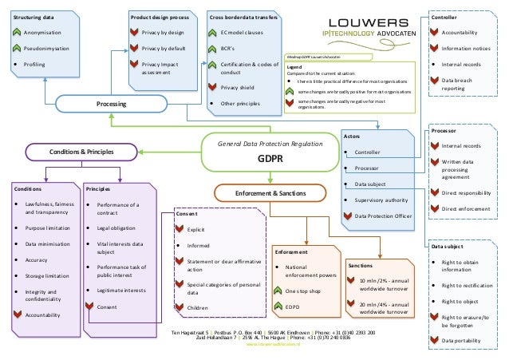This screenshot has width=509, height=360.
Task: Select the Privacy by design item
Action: (x=164, y=32)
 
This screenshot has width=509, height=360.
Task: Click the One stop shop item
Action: (x=305, y=291)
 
